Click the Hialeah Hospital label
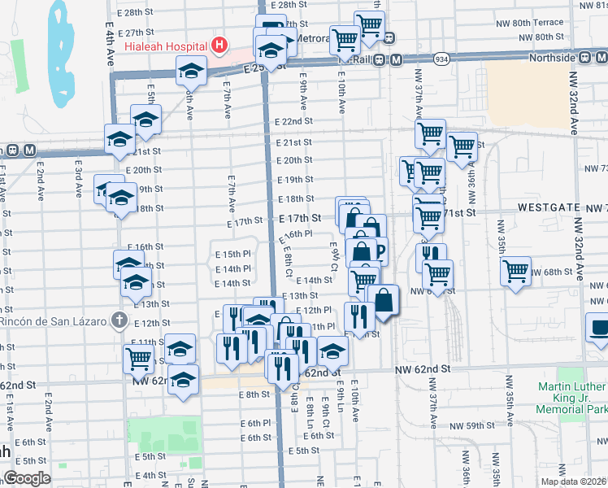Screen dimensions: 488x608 [x=166, y=46]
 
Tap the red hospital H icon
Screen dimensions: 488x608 [x=218, y=46]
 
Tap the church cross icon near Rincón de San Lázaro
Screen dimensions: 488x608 [x=120, y=320]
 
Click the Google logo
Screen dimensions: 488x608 [x=26, y=479]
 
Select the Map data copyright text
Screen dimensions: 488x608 [x=573, y=481]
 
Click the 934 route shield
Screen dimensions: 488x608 [x=441, y=60]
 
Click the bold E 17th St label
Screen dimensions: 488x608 [x=301, y=219]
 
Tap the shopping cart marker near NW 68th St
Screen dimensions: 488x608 [x=516, y=271]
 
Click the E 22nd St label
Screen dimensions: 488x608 [x=293, y=121]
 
